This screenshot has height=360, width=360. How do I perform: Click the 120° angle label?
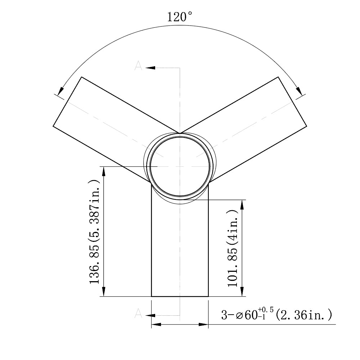(180, 17)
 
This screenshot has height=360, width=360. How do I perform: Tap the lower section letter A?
(138, 314)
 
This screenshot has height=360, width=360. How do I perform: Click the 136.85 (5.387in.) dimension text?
(94, 232)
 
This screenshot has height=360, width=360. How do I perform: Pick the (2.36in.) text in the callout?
(303, 315)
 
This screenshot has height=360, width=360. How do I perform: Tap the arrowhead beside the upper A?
(150, 68)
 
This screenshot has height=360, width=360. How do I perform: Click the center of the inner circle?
(180, 167)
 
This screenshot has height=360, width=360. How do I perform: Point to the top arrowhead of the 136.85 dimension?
(104, 171)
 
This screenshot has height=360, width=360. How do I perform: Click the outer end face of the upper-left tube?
(67, 102)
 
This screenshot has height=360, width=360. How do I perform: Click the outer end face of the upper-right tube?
(293, 102)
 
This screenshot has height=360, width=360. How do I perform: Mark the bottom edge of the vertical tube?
(180, 297)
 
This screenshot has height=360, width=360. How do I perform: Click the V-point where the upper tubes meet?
(180, 132)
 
